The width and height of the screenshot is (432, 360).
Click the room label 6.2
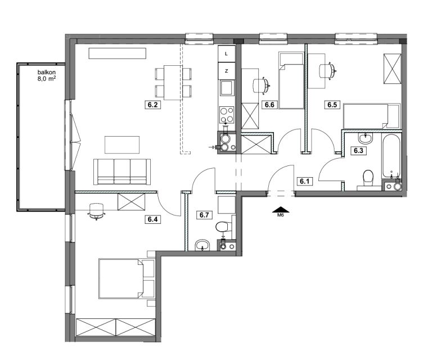[x=152, y=105]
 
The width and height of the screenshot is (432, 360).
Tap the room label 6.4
[x=152, y=219]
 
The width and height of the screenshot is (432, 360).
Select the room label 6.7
[x=204, y=215]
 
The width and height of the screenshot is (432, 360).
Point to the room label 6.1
[x=305, y=181]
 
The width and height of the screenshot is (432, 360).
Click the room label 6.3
[x=358, y=151]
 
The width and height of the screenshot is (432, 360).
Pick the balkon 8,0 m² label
[x=47, y=75]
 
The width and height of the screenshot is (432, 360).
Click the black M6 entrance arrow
[x=281, y=210]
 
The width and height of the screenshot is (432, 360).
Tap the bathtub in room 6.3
[x=391, y=156]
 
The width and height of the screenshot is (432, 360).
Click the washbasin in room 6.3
[x=365, y=138]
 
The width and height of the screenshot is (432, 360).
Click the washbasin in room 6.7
[x=202, y=245]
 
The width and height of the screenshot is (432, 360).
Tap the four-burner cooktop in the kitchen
[x=227, y=115]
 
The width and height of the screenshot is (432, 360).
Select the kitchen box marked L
[x=227, y=53]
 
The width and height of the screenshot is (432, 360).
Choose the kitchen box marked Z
[x=227, y=71]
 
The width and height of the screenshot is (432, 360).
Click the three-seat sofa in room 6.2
[x=122, y=172]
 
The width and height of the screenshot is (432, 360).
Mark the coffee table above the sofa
[x=122, y=145]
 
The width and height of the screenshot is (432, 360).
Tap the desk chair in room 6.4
[x=96, y=211]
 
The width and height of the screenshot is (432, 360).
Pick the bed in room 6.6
[x=291, y=80]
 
